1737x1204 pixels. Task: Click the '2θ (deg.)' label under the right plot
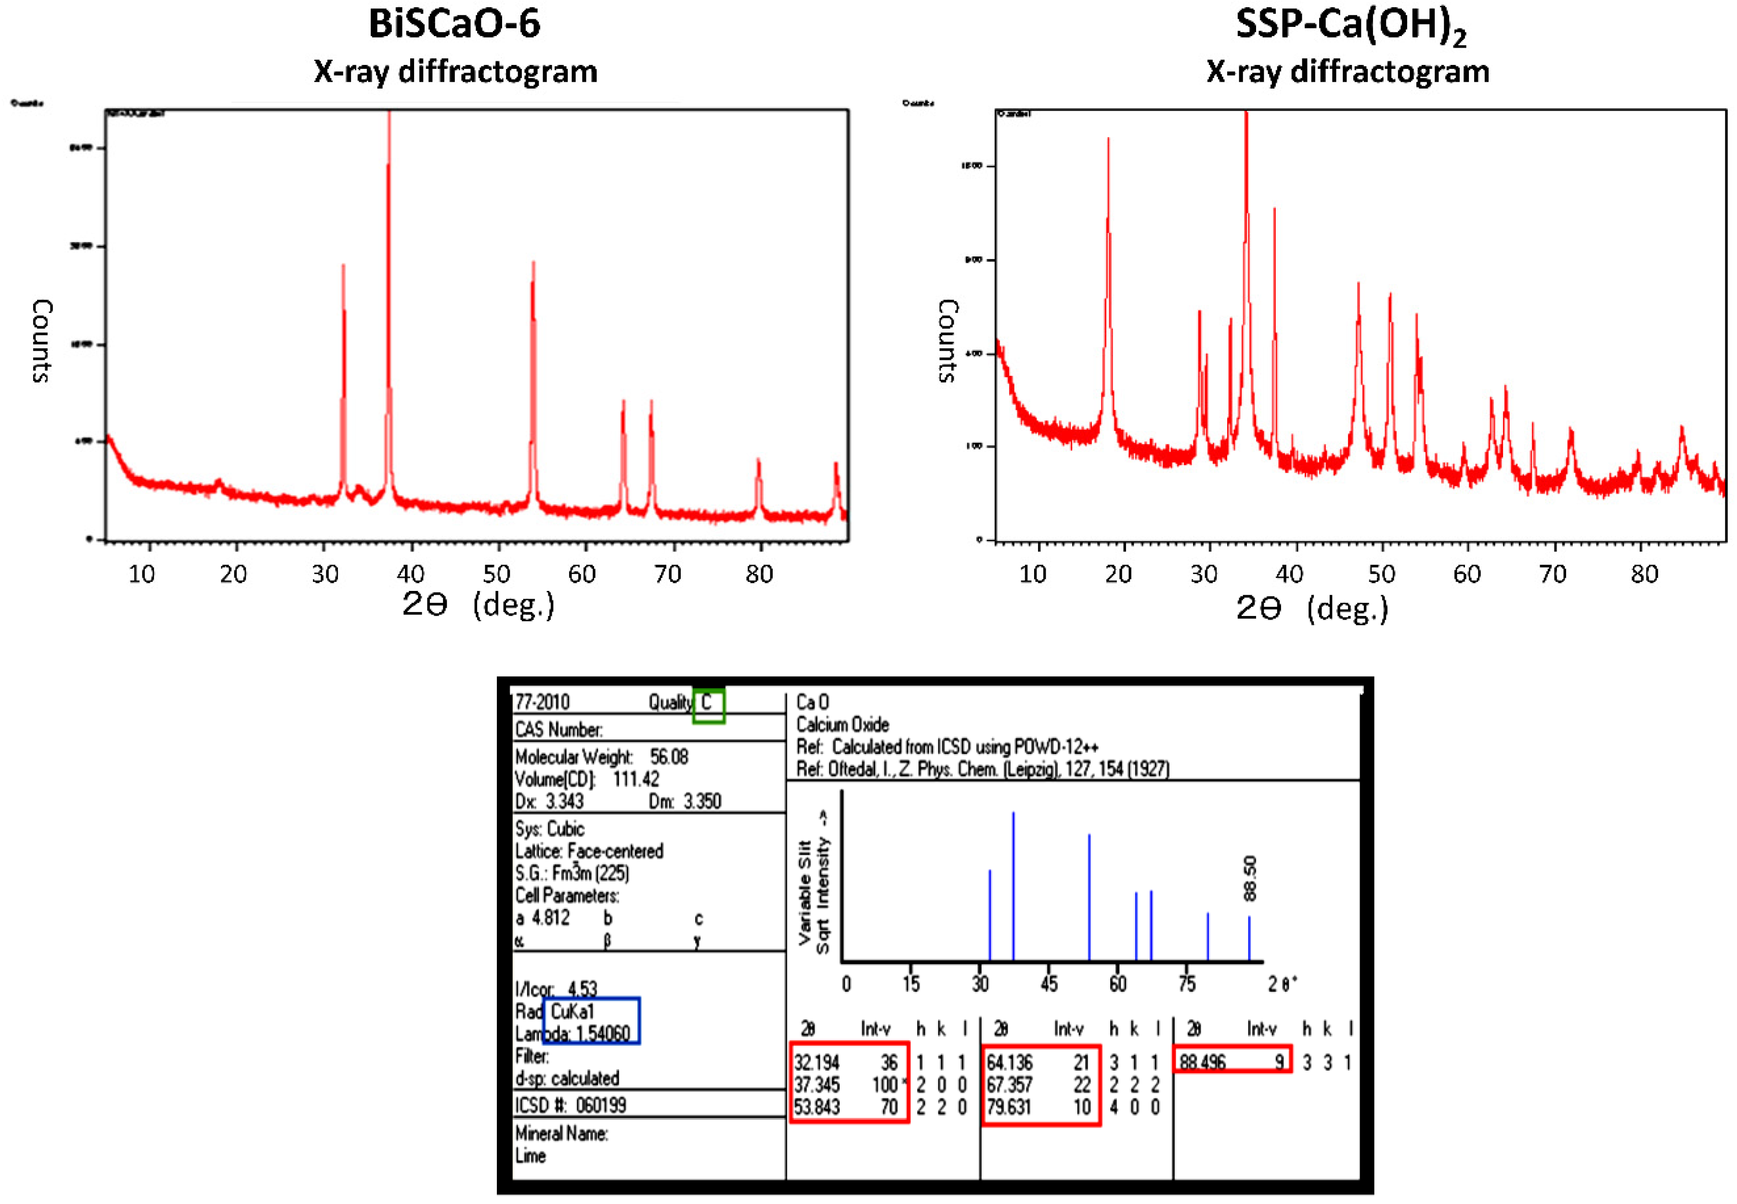click(1311, 607)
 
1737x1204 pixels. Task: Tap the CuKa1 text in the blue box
click(573, 1012)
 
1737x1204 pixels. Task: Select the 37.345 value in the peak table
click(817, 1085)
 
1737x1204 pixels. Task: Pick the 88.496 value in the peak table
click(1203, 1062)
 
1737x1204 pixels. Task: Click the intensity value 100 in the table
click(884, 1085)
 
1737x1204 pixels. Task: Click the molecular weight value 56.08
click(669, 756)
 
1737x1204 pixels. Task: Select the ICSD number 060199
click(601, 1105)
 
